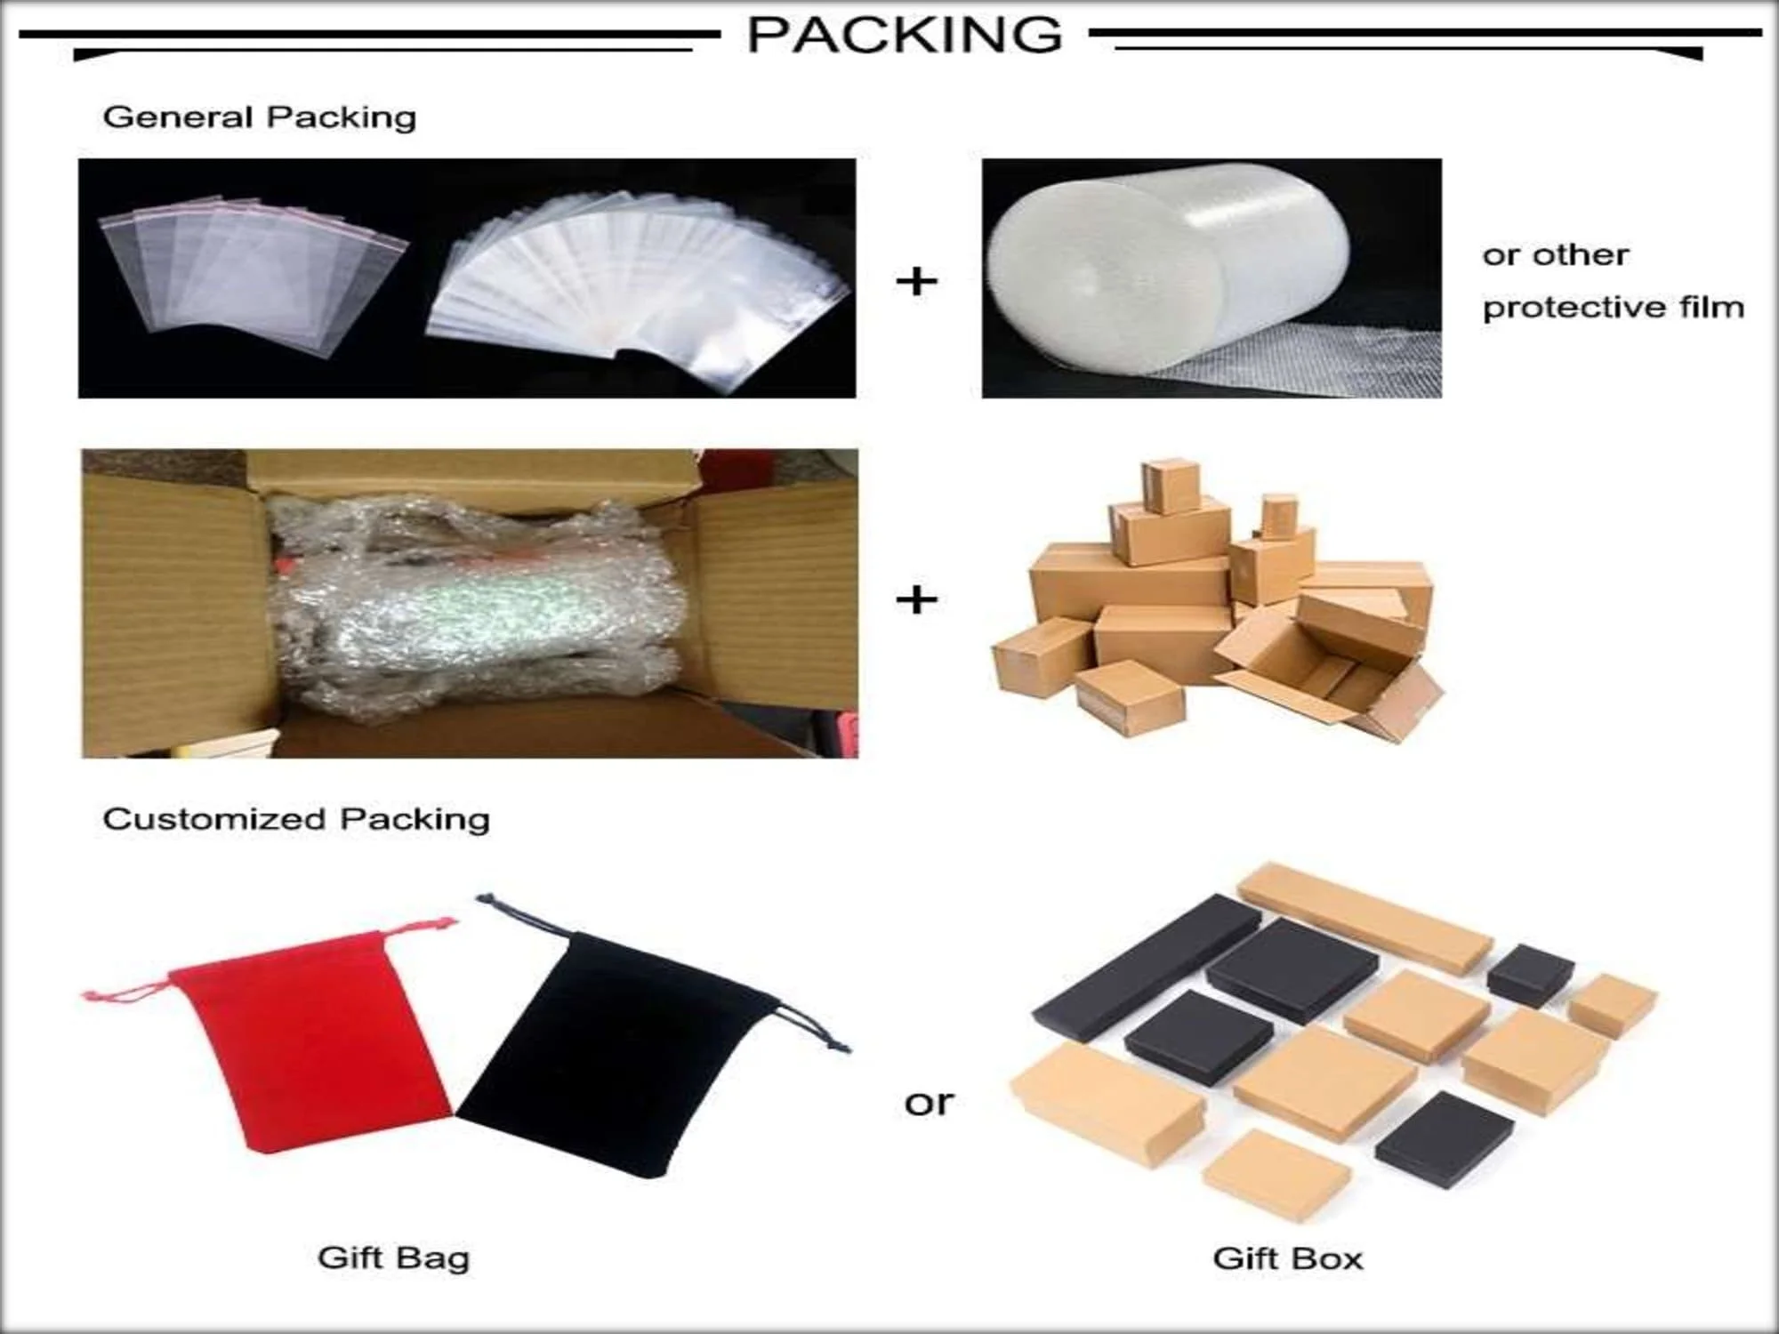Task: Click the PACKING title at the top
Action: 904,36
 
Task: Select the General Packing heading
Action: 259,117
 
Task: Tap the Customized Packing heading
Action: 296,819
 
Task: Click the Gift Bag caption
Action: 393,1258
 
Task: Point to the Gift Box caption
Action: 1287,1258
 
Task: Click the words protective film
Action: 1613,308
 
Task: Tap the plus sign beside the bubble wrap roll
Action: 916,282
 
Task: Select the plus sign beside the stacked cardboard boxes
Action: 916,600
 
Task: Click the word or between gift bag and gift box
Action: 928,1103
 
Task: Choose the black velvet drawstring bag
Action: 614,1058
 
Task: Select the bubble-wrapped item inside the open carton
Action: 471,605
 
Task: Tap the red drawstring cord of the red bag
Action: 125,992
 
